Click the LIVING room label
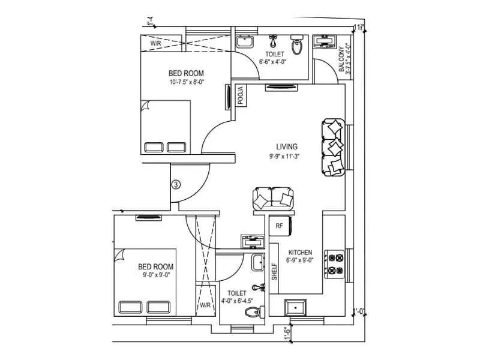pyautogui.click(x=287, y=146)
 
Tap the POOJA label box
pyautogui.click(x=240, y=97)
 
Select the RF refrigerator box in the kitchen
pyautogui.click(x=279, y=226)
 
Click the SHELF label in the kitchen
pyautogui.click(x=274, y=272)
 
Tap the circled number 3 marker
pyautogui.click(x=176, y=184)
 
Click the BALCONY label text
pyautogui.click(x=341, y=59)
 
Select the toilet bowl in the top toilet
pyautogui.click(x=296, y=46)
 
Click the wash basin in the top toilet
pyautogui.click(x=244, y=42)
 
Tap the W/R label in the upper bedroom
pyautogui.click(x=156, y=44)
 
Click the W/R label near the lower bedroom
pyautogui.click(x=205, y=305)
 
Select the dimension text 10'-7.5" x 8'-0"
pyautogui.click(x=187, y=83)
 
